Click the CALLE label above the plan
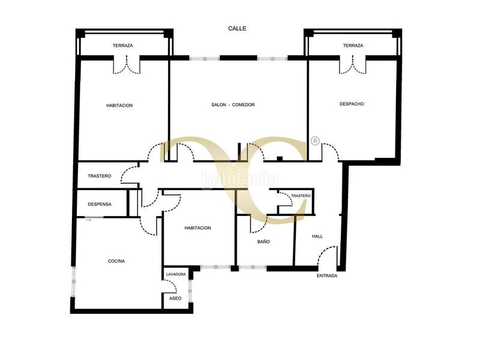coord(237,28)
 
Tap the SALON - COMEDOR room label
coord(233,104)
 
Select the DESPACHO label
coord(352,104)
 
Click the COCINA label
coord(116,261)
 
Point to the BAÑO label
coord(263,242)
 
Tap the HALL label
coord(317,236)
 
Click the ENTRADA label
coord(327,276)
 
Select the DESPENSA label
coord(100,204)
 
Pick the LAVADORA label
coord(176,274)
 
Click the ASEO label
coord(175,298)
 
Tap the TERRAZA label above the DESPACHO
coord(353,46)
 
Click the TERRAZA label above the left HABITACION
coord(123,46)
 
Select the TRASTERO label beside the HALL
coord(301,196)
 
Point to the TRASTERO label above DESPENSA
coord(100,176)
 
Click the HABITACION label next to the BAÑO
coord(198,228)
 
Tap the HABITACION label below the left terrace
coord(119,106)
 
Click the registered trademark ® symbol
coord(316,141)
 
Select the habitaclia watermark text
coord(240,179)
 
